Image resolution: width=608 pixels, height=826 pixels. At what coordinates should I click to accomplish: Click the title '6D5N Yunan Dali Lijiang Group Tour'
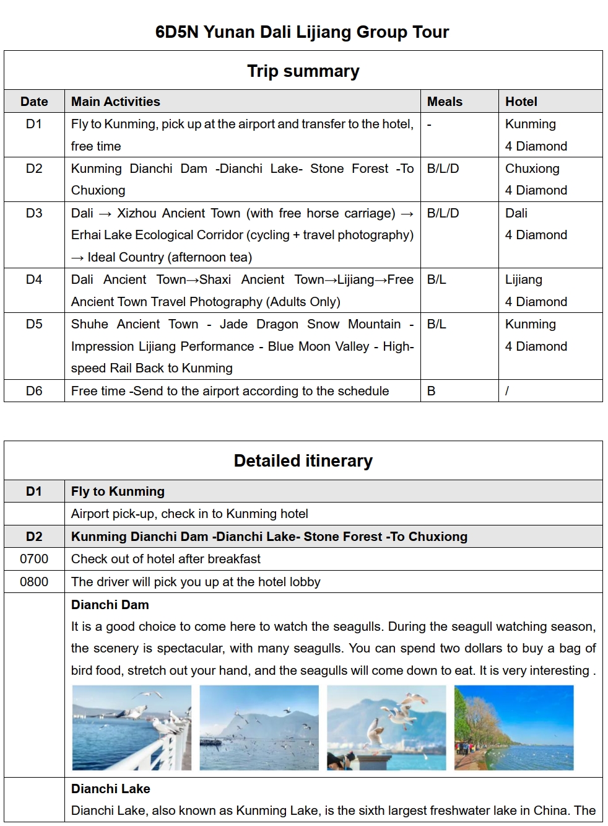pyautogui.click(x=302, y=32)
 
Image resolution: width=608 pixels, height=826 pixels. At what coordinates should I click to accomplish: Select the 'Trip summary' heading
pyautogui.click(x=303, y=71)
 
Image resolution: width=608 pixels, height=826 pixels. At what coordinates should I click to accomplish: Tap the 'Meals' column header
pyautogui.click(x=445, y=102)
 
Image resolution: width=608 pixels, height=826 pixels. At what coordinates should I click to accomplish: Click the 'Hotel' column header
pyautogui.click(x=521, y=102)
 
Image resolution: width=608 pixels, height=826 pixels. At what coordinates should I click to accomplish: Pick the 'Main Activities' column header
pyautogui.click(x=116, y=102)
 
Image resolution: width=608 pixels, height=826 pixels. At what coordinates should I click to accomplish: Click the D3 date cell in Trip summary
pyautogui.click(x=34, y=213)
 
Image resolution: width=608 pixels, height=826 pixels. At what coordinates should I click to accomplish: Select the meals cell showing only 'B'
pyautogui.click(x=431, y=391)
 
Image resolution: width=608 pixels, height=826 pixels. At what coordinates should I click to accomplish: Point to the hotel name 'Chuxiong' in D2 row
pyautogui.click(x=532, y=169)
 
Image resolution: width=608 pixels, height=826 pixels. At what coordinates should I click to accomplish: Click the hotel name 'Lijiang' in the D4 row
pyautogui.click(x=523, y=279)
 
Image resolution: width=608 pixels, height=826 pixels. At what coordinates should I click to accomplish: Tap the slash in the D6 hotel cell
pyautogui.click(x=507, y=391)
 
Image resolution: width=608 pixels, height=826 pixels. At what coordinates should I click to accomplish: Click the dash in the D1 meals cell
pyautogui.click(x=429, y=124)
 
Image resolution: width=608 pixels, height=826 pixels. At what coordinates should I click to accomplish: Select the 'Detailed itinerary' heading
pyautogui.click(x=303, y=461)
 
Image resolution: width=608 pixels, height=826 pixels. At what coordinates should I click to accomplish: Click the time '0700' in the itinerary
pyautogui.click(x=34, y=559)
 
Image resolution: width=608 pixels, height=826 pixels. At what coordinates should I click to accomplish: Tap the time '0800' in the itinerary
pyautogui.click(x=34, y=582)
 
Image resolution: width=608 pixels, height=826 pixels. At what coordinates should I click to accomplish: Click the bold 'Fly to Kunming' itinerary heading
pyautogui.click(x=118, y=491)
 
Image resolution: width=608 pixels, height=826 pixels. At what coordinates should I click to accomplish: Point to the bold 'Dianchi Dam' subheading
pyautogui.click(x=110, y=605)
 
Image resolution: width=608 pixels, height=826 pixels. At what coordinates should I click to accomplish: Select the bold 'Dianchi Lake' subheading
pyautogui.click(x=110, y=789)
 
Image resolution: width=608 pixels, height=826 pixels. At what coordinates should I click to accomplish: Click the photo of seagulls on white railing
pyautogui.click(x=132, y=727)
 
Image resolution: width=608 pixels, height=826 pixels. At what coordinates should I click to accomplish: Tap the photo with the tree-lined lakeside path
pyautogui.click(x=514, y=727)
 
